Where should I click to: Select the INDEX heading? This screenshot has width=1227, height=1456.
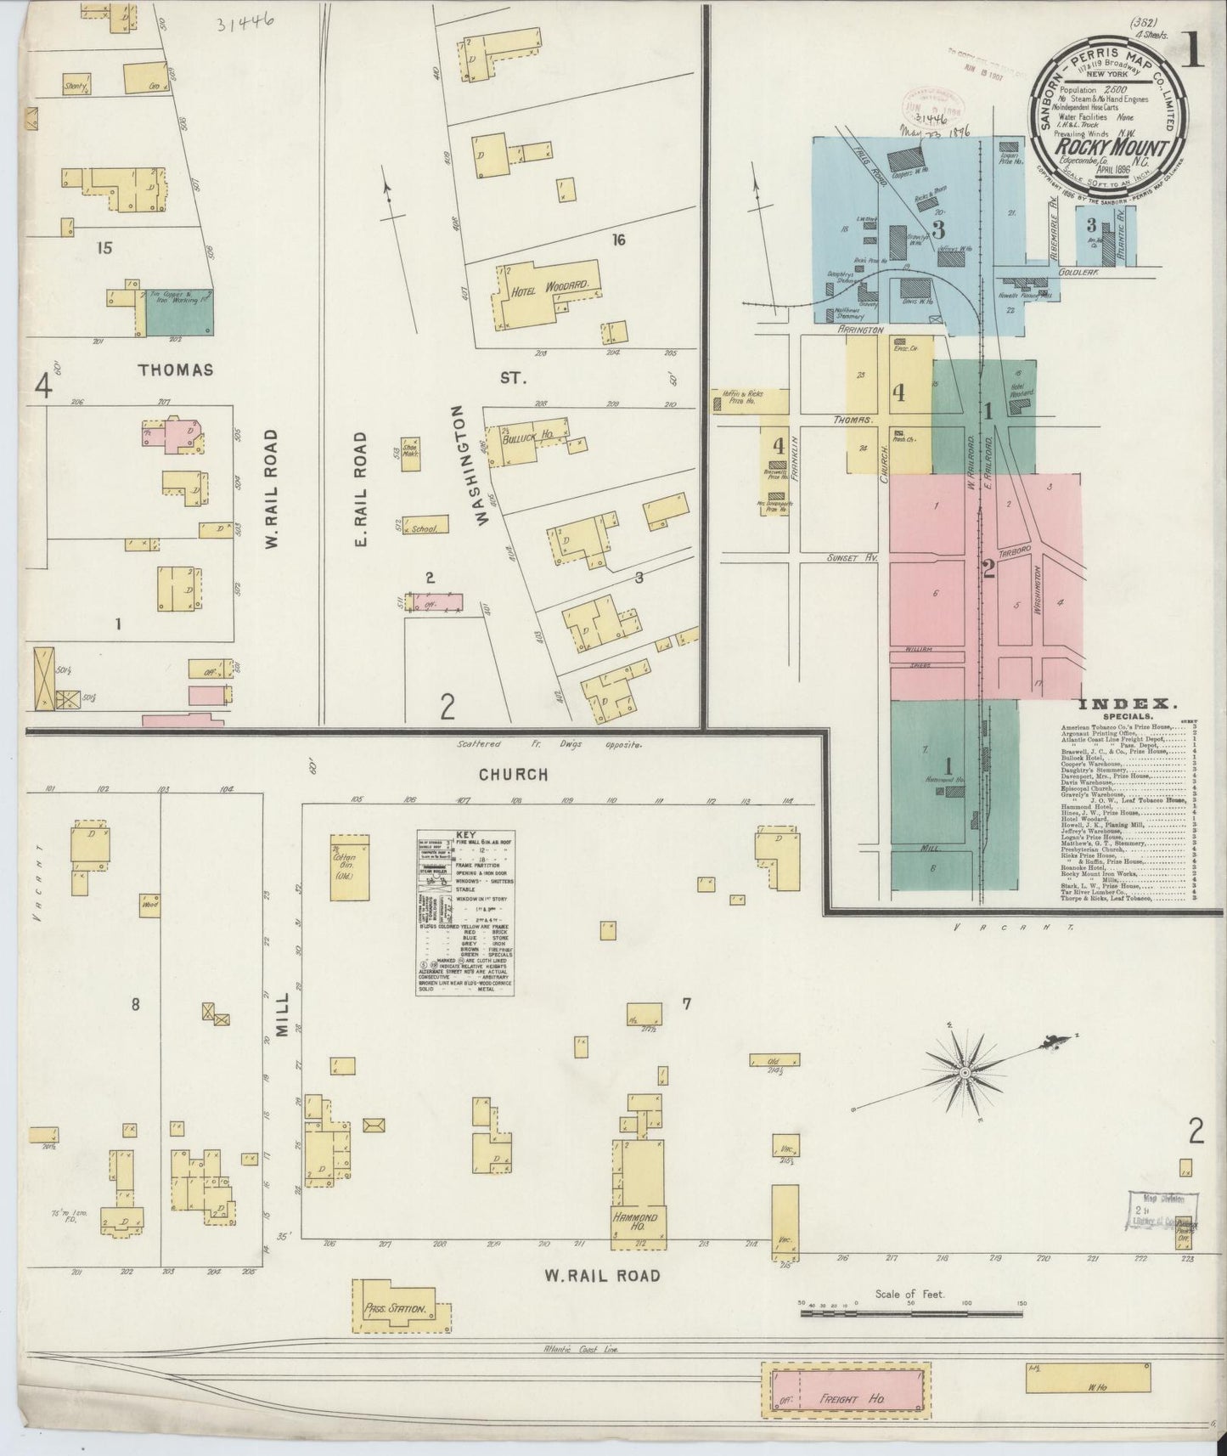(1127, 704)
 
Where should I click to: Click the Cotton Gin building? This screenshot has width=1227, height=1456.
(350, 866)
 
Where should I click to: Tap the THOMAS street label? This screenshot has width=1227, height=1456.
(176, 370)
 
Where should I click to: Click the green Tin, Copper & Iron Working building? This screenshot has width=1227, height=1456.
(179, 311)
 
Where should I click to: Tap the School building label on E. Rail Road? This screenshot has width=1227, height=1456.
(423, 528)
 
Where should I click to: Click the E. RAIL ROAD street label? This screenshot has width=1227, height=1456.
(360, 488)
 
